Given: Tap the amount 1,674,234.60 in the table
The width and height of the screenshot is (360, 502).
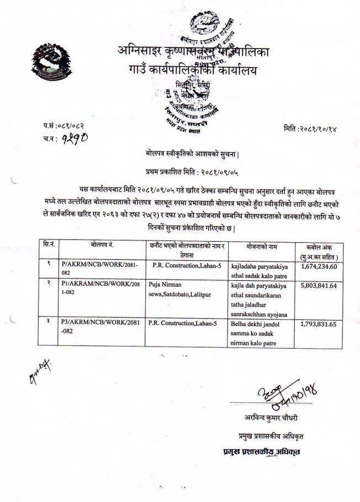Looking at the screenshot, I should click(319, 265).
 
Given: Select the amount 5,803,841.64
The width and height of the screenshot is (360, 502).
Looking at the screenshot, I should click(319, 286).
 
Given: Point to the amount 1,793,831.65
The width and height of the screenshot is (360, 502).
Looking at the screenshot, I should click(319, 324).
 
